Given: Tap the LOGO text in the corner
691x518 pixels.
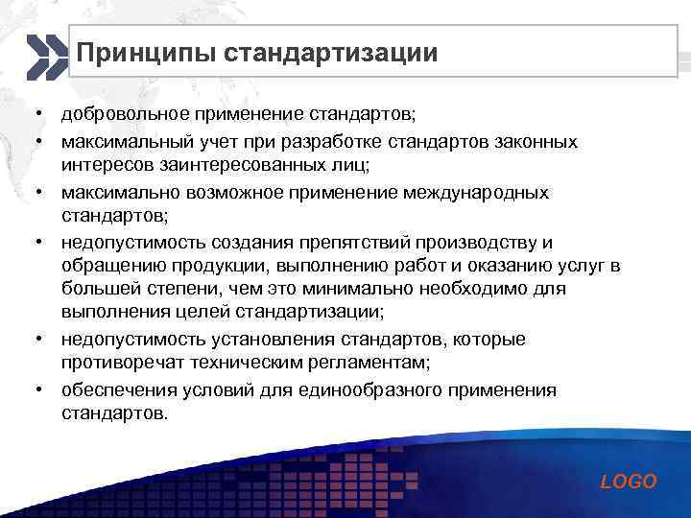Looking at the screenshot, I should pyautogui.click(x=629, y=482).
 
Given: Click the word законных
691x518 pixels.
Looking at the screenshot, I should pyautogui.click(x=536, y=141).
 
